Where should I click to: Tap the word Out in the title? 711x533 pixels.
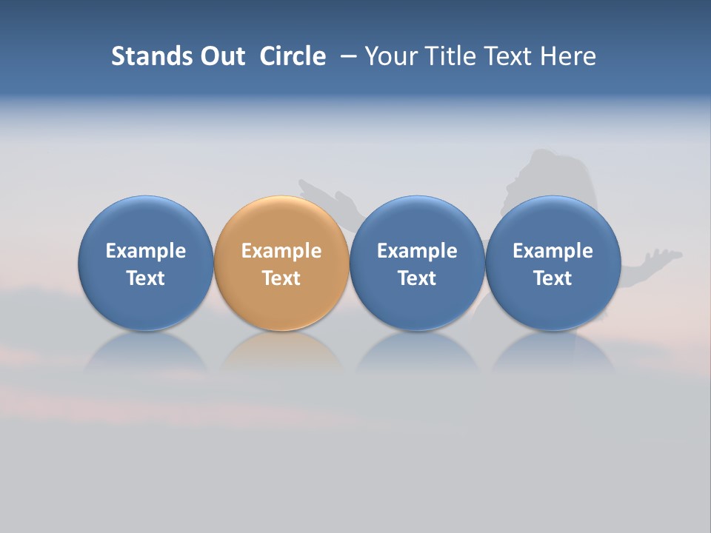pyautogui.click(x=221, y=56)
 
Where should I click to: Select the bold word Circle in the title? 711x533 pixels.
pyautogui.click(x=293, y=56)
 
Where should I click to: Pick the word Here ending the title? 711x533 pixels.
pyautogui.click(x=568, y=56)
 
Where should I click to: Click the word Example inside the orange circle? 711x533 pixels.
pyautogui.click(x=281, y=251)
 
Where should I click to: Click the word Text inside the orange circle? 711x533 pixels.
pyautogui.click(x=281, y=278)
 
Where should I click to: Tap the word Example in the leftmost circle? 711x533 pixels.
pyautogui.click(x=145, y=251)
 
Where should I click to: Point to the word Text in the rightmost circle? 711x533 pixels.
pyautogui.click(x=553, y=278)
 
